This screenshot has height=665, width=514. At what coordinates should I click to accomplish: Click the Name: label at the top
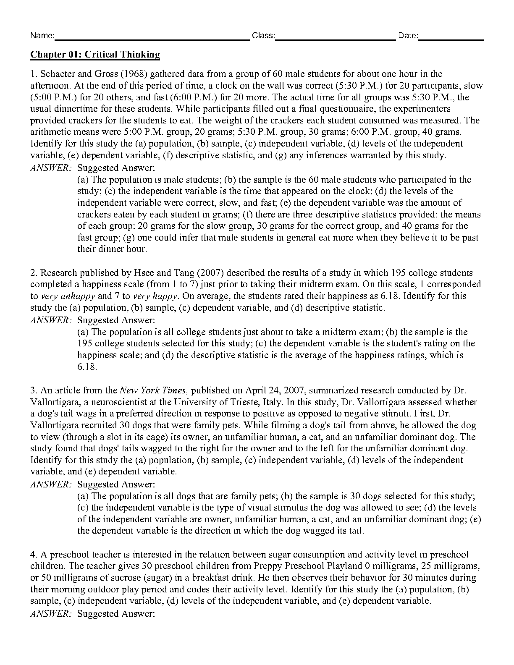tap(42, 36)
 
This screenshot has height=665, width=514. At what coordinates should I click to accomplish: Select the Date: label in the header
tap(408, 36)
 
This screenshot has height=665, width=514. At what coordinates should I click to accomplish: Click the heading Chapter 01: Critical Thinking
tap(95, 55)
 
